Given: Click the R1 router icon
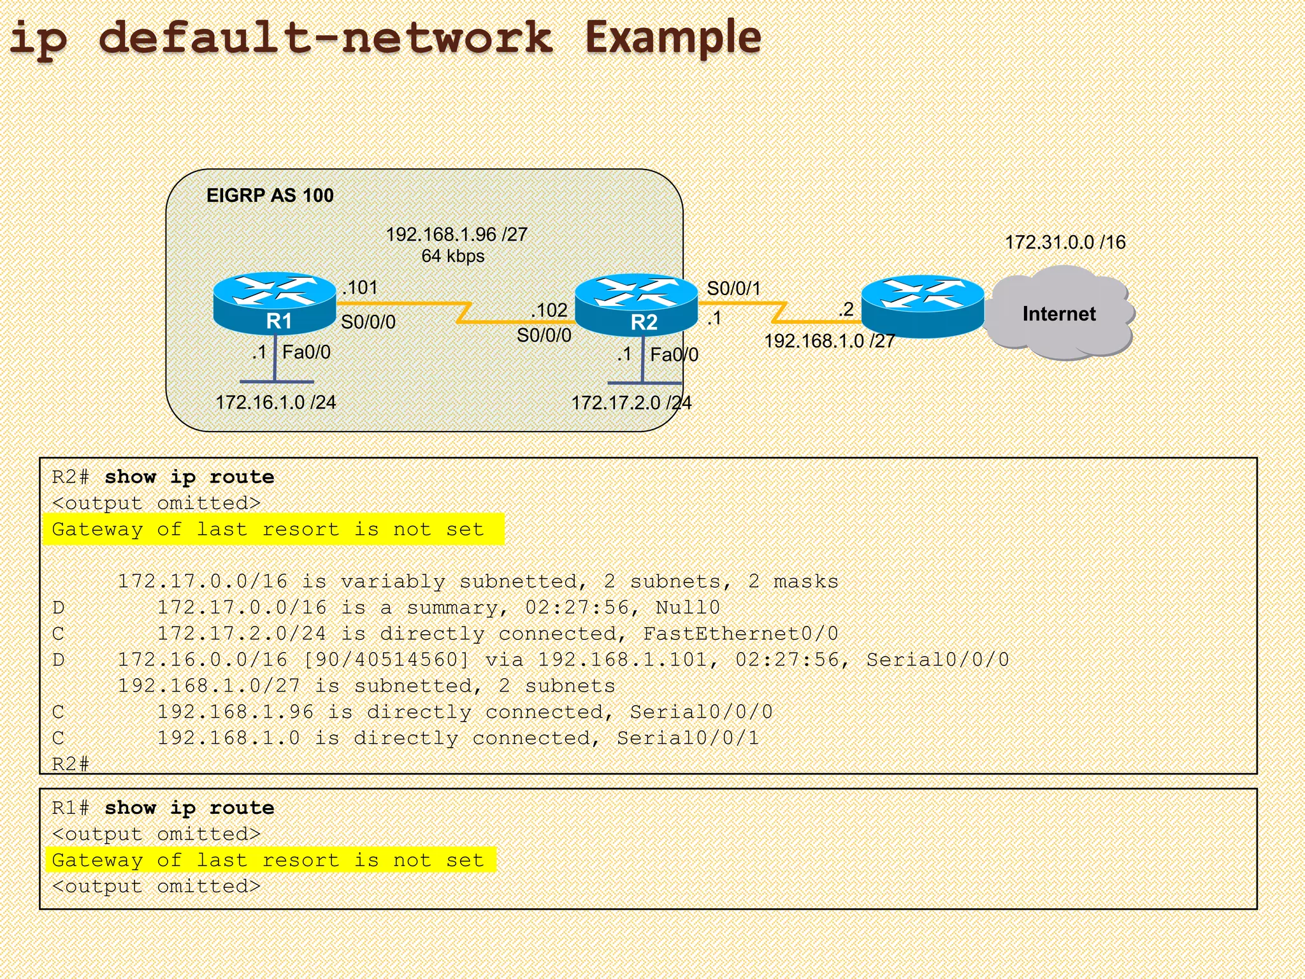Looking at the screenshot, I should [275, 304].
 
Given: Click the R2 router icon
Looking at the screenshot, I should [636, 306].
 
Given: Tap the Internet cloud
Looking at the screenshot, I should [1059, 314].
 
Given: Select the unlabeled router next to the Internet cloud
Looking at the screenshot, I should [923, 307].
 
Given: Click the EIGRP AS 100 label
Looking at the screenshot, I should [270, 196].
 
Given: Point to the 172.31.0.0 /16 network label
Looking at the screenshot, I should [1065, 242].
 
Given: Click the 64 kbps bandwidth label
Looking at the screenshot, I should [452, 256].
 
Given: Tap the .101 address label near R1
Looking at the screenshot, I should [361, 287].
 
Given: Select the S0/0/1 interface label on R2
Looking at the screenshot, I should [733, 289].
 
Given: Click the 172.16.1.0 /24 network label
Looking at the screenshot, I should [275, 402].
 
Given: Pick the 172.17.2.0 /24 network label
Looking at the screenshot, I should [631, 403].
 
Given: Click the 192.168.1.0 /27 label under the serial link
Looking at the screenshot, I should [829, 341].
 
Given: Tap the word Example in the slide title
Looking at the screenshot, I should [673, 37].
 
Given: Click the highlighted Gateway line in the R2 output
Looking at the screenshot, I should [268, 529].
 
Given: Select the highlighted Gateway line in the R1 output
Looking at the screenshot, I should [268, 860].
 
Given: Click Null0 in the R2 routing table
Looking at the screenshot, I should [688, 607].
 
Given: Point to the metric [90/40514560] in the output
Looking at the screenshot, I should [386, 660].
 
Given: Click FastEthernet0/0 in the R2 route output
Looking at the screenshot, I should [740, 634].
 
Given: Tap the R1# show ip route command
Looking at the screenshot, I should [163, 808].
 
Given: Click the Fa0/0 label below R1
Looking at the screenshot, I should [306, 352].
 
